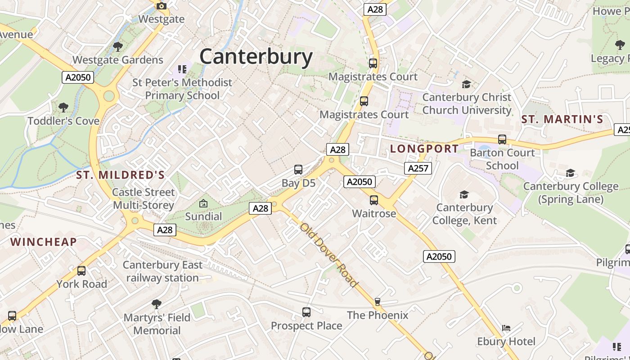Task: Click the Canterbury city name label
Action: (x=256, y=57)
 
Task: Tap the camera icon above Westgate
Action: (x=161, y=6)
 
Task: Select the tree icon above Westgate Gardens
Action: (x=117, y=46)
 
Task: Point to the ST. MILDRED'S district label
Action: (x=120, y=175)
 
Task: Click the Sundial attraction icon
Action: (x=203, y=204)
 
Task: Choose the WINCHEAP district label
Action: (x=44, y=242)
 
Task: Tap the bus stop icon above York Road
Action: (x=81, y=271)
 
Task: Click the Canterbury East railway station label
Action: (x=162, y=271)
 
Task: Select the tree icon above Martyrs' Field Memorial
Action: (x=157, y=304)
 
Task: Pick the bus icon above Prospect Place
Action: (x=306, y=312)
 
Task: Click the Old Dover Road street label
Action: (x=329, y=255)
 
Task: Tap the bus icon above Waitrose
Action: (x=374, y=200)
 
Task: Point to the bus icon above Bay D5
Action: (x=298, y=170)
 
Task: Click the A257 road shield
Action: (x=418, y=168)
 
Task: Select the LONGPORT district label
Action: (x=424, y=148)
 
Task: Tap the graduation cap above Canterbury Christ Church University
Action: (x=467, y=84)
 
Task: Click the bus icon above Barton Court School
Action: (x=502, y=139)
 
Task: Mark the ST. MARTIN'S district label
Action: (x=562, y=119)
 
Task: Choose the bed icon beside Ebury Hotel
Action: (x=506, y=328)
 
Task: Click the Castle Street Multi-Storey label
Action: (x=144, y=198)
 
